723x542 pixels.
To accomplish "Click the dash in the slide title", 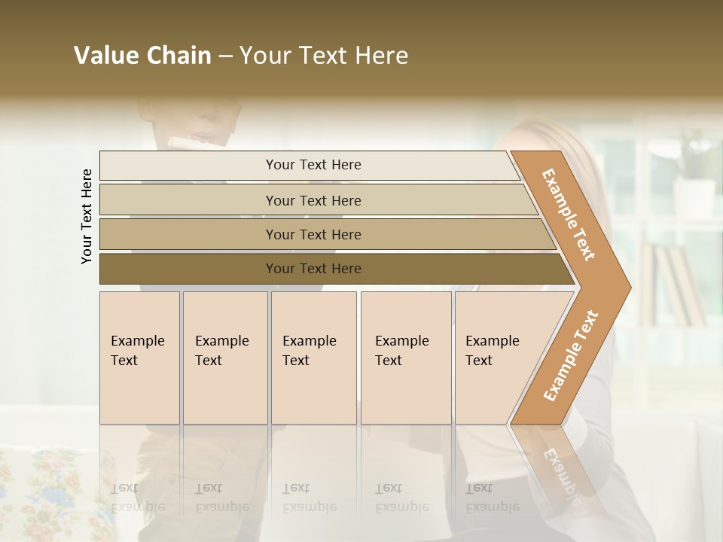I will click(x=225, y=56).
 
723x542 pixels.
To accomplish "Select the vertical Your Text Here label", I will click(x=87, y=216).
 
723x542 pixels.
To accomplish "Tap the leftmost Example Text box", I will click(x=139, y=358).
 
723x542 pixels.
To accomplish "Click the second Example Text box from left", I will click(x=225, y=358).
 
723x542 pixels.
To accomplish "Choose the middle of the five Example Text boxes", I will click(x=313, y=358).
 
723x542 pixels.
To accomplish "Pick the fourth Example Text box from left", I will click(x=406, y=358).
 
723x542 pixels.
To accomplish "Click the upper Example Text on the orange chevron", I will click(x=569, y=215).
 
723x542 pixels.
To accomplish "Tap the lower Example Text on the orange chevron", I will click(x=571, y=355).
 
